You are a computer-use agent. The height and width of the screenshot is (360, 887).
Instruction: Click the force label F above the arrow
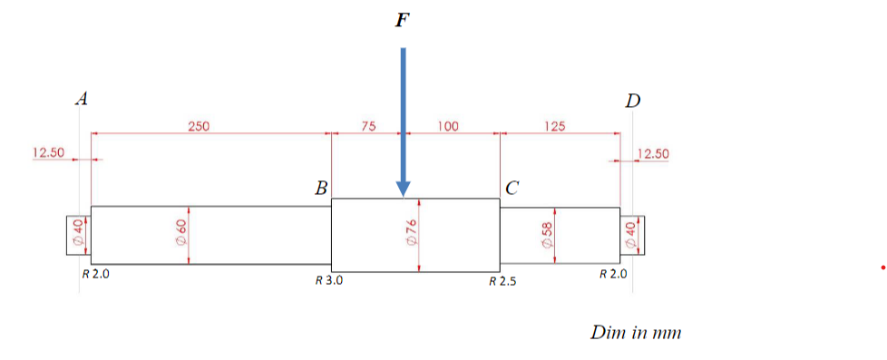click(402, 20)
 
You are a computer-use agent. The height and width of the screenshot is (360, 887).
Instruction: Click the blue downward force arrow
click(404, 118)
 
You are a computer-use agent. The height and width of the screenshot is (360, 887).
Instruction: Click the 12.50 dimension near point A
click(48, 152)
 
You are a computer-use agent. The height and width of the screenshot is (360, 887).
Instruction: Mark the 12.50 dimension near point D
click(653, 153)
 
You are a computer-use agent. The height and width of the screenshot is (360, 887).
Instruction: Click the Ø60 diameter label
click(180, 235)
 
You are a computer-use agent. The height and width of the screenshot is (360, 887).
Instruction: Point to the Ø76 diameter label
click(410, 235)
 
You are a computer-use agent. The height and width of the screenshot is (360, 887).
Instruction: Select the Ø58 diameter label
click(547, 235)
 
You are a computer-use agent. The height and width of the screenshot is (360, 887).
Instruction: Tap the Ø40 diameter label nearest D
click(631, 235)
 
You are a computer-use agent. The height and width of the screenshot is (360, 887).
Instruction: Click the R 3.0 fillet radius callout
click(328, 281)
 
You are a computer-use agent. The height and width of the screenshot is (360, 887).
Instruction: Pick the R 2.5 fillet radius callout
click(502, 281)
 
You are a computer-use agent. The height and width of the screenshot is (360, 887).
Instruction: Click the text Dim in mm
click(636, 333)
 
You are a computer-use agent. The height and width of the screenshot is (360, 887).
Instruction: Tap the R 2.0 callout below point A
click(95, 274)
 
